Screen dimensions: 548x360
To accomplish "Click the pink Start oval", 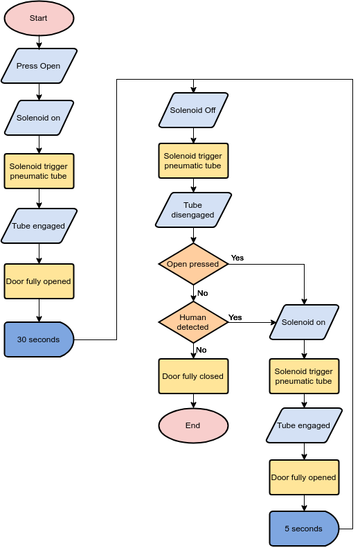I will (39, 18).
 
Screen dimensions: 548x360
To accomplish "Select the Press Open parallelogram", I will (39, 66).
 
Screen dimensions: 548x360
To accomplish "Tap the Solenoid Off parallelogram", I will (193, 110).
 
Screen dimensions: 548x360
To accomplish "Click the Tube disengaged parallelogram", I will (193, 210).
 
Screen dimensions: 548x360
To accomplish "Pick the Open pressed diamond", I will (193, 264).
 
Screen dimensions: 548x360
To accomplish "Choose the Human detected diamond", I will (193, 322).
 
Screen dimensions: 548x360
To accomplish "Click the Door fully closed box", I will (193, 376).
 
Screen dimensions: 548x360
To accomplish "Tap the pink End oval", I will (193, 425).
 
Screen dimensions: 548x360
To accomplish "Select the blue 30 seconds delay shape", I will (39, 339).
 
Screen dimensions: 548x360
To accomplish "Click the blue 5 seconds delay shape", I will (303, 529).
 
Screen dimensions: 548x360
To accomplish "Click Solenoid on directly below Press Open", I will (39, 118).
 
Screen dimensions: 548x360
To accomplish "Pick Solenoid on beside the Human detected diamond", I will (303, 322).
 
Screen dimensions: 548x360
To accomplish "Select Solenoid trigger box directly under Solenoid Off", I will (193, 161).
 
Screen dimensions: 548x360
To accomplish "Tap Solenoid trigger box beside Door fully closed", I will (303, 376).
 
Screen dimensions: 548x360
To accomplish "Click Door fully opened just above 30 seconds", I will (39, 281).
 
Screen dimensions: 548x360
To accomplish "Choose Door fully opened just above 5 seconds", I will (303, 477).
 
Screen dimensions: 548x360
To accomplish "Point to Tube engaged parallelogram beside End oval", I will (303, 425).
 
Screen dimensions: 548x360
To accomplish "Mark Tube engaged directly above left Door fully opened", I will (39, 226).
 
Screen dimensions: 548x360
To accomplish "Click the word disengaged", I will (193, 215).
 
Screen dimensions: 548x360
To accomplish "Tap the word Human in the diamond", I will (193, 317).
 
